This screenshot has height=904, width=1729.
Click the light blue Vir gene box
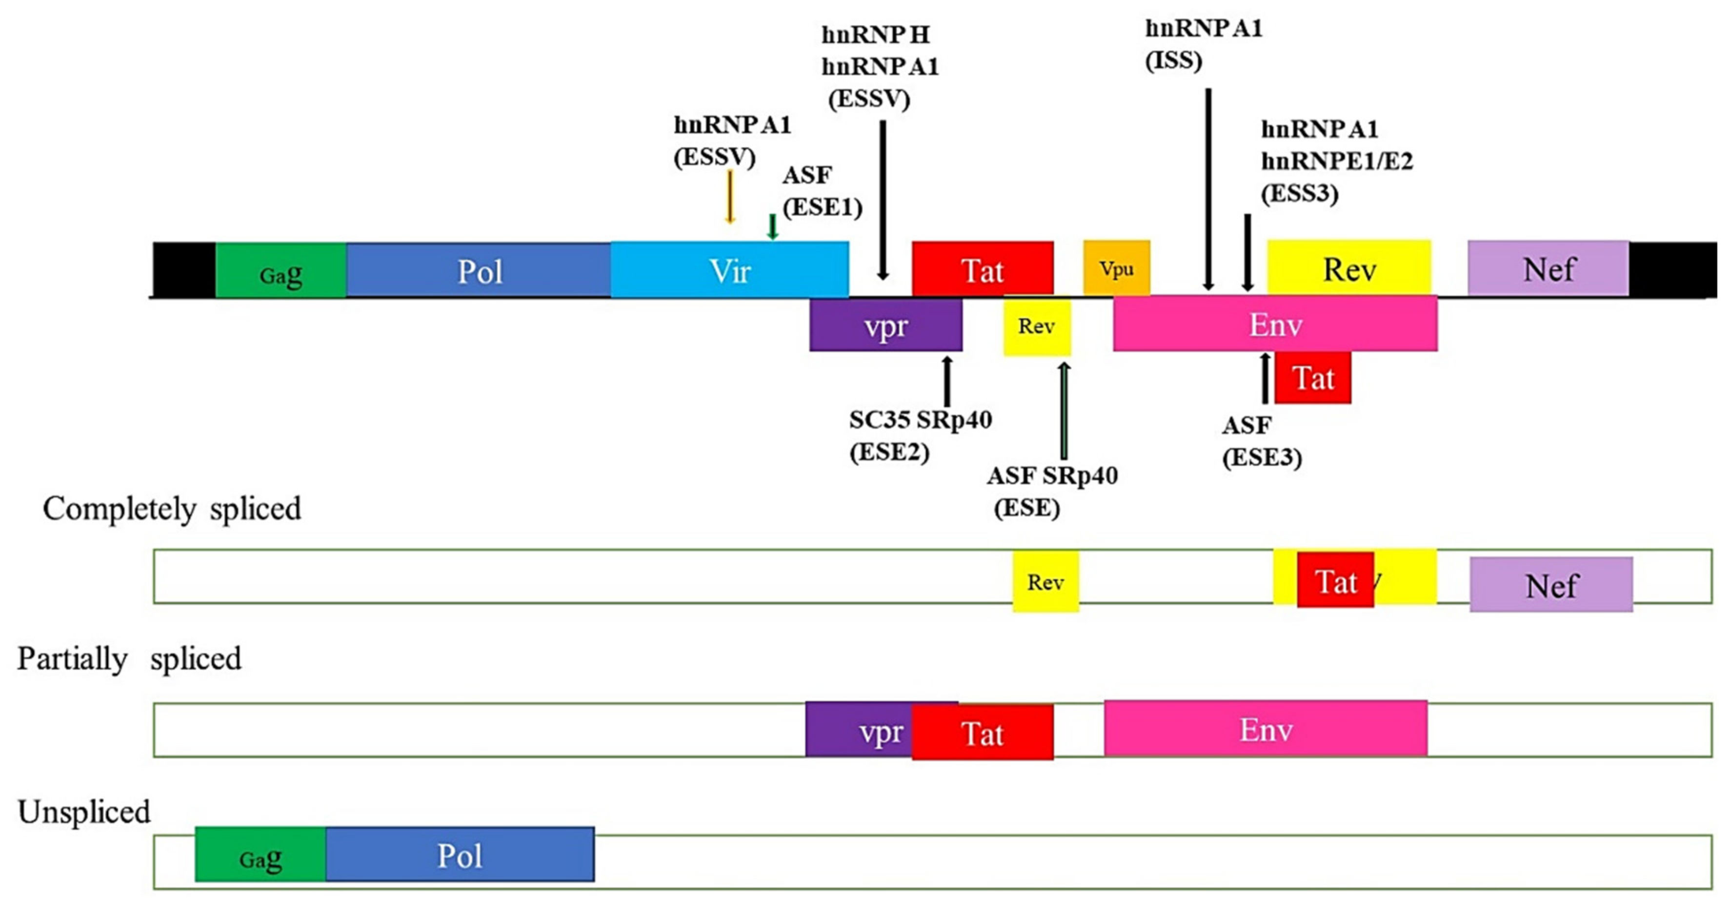tap(729, 270)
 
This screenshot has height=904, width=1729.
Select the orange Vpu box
tap(1116, 268)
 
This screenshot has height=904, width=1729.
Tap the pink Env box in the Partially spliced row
tap(1265, 729)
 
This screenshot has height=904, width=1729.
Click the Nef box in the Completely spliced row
tap(1551, 585)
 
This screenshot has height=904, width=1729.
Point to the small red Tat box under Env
tap(1313, 378)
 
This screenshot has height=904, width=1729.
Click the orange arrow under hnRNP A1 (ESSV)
tap(729, 196)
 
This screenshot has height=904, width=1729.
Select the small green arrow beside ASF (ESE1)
tap(773, 226)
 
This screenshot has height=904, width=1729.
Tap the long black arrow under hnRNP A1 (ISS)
tap(1208, 188)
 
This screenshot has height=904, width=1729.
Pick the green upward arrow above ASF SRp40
tap(1064, 410)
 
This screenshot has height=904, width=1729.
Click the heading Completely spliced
tap(172, 509)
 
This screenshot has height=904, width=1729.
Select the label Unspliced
tap(84, 812)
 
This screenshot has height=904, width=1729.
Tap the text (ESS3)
tap(1300, 193)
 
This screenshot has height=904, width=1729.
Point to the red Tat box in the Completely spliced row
tap(1335, 580)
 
